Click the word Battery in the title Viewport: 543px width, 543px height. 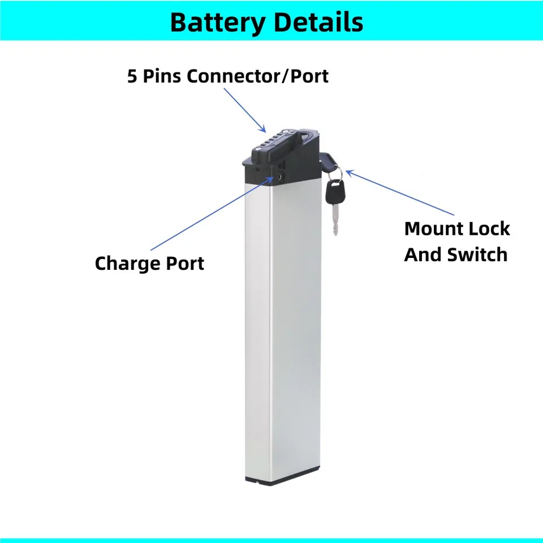click(x=217, y=23)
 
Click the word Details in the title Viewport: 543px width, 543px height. click(x=318, y=22)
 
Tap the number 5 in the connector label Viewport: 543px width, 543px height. click(x=132, y=76)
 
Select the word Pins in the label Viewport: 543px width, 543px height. click(x=162, y=76)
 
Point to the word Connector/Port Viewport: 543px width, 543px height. click(x=258, y=76)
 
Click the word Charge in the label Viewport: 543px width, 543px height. click(x=128, y=264)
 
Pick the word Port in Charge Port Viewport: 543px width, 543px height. click(x=185, y=264)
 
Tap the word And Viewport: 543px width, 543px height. click(x=422, y=255)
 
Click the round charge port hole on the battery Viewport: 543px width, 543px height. click(x=279, y=177)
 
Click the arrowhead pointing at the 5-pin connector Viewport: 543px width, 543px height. click(x=263, y=129)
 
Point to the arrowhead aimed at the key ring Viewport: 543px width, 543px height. click(x=350, y=173)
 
